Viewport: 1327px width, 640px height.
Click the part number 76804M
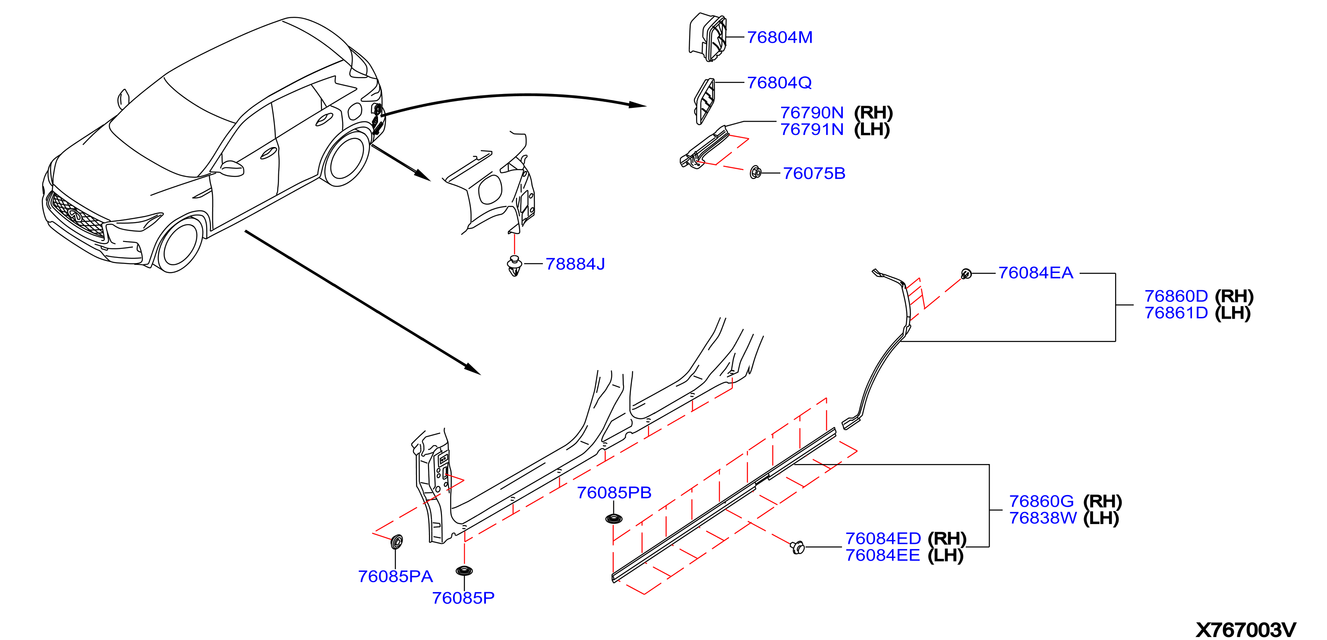click(779, 38)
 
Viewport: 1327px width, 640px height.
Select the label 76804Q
click(779, 83)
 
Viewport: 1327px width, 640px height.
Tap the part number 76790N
click(812, 113)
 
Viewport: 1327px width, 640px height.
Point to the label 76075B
click(814, 173)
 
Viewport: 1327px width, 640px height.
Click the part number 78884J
click(575, 264)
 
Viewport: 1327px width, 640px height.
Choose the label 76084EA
click(1035, 273)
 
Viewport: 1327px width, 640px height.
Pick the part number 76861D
click(1176, 313)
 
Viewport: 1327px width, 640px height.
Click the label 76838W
click(1043, 518)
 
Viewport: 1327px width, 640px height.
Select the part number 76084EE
click(883, 555)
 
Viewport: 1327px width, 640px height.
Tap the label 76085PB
click(614, 493)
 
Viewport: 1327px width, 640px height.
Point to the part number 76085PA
click(395, 577)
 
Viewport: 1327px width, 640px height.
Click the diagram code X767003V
click(1245, 630)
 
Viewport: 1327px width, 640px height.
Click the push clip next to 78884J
click(514, 266)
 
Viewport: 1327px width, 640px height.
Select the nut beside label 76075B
click(755, 173)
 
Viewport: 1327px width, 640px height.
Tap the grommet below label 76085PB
click(614, 518)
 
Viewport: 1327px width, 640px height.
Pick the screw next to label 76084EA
click(966, 273)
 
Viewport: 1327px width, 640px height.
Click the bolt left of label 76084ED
click(797, 547)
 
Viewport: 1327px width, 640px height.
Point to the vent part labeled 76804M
click(708, 37)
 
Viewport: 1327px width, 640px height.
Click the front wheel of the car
click(179, 245)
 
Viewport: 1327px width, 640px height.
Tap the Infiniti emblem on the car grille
click(75, 215)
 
